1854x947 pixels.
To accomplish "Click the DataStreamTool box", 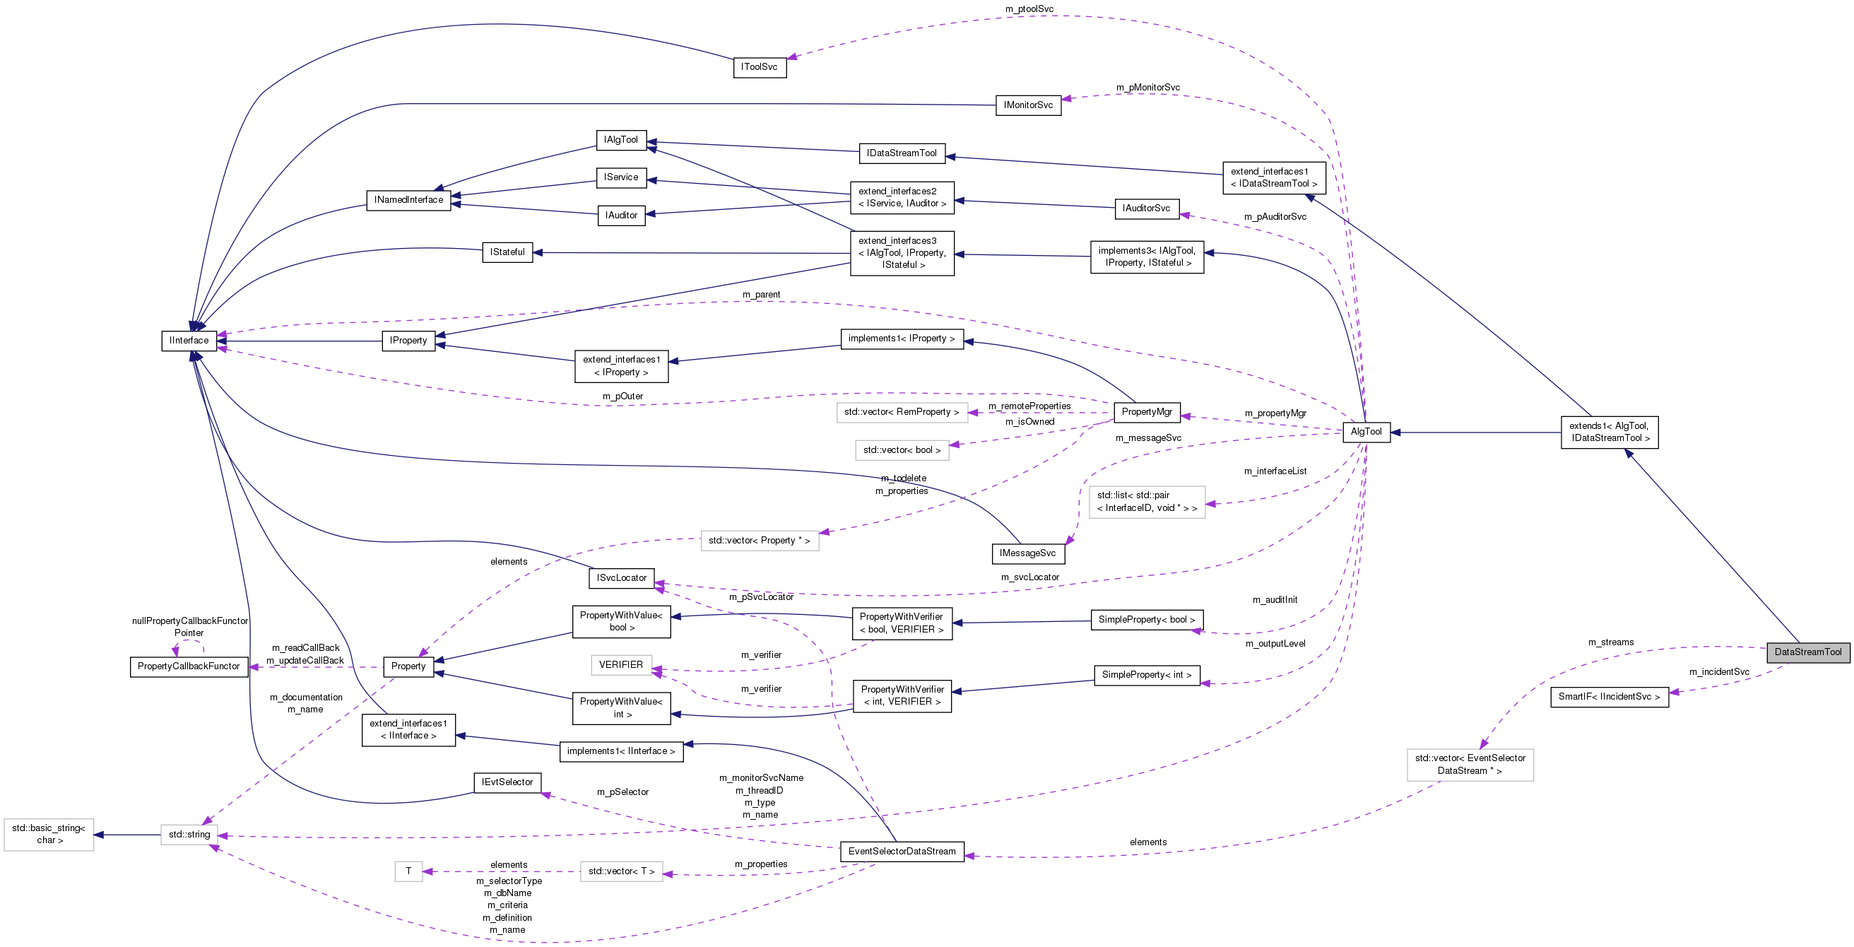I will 1807,652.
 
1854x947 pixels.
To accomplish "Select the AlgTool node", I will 1365,432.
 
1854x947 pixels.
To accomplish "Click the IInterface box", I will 189,341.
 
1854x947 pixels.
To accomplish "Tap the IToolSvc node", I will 760,67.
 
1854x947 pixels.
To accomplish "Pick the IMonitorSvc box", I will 1028,105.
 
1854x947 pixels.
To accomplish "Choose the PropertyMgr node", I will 1147,412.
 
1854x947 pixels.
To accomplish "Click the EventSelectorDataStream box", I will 901,851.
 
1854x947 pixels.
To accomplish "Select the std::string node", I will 189,835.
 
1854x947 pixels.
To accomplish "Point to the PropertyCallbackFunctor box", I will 189,666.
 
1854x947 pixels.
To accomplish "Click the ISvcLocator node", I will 621,577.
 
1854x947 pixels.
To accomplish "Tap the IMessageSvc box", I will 1027,553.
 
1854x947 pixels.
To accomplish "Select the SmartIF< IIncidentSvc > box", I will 1609,696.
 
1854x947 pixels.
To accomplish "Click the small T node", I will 408,871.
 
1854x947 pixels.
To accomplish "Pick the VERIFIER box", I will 620,665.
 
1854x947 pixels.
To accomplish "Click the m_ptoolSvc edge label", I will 1029,8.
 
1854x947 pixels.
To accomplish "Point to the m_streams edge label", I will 1611,642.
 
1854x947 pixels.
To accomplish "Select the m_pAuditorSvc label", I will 1275,217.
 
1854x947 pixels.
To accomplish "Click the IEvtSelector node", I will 507,782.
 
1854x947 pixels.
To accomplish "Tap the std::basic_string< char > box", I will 48,835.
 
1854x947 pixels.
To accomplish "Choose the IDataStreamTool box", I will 901,153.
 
